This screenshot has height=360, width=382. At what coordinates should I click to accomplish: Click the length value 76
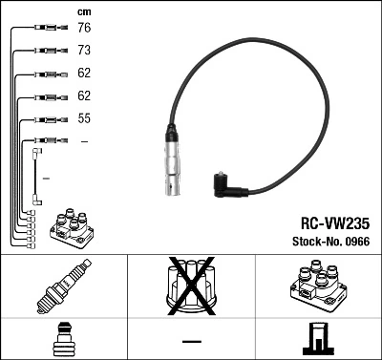point(84,30)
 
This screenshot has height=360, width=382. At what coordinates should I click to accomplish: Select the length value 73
point(84,50)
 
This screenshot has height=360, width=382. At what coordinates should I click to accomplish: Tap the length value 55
point(84,119)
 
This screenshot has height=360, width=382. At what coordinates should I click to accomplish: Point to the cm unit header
point(84,11)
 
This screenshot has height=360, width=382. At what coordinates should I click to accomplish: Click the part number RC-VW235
point(327,222)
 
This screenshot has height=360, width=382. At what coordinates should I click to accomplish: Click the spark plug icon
point(63,287)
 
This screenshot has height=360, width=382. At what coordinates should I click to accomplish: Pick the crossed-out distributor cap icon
point(190,286)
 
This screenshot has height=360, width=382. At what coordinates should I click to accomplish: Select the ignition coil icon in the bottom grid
point(317,286)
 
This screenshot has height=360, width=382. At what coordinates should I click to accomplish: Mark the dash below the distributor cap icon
point(190,340)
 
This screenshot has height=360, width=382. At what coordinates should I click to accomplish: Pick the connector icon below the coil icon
point(317,339)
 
